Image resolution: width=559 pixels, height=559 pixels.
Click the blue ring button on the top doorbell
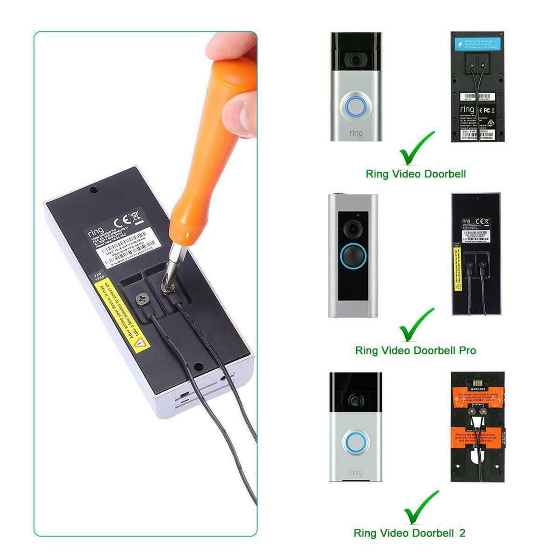[356, 106]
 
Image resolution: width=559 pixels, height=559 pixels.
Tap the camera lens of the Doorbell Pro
[353, 229]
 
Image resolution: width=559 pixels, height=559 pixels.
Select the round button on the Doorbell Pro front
[353, 257]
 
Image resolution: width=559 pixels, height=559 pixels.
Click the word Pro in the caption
[467, 350]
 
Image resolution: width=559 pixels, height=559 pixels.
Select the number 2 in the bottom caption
[462, 533]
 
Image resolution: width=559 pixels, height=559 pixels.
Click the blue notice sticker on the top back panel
[477, 44]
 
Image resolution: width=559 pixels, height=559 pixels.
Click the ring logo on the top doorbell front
[356, 133]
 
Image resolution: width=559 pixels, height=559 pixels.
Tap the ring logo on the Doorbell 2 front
[356, 472]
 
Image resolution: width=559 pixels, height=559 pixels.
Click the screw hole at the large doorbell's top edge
[94, 190]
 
